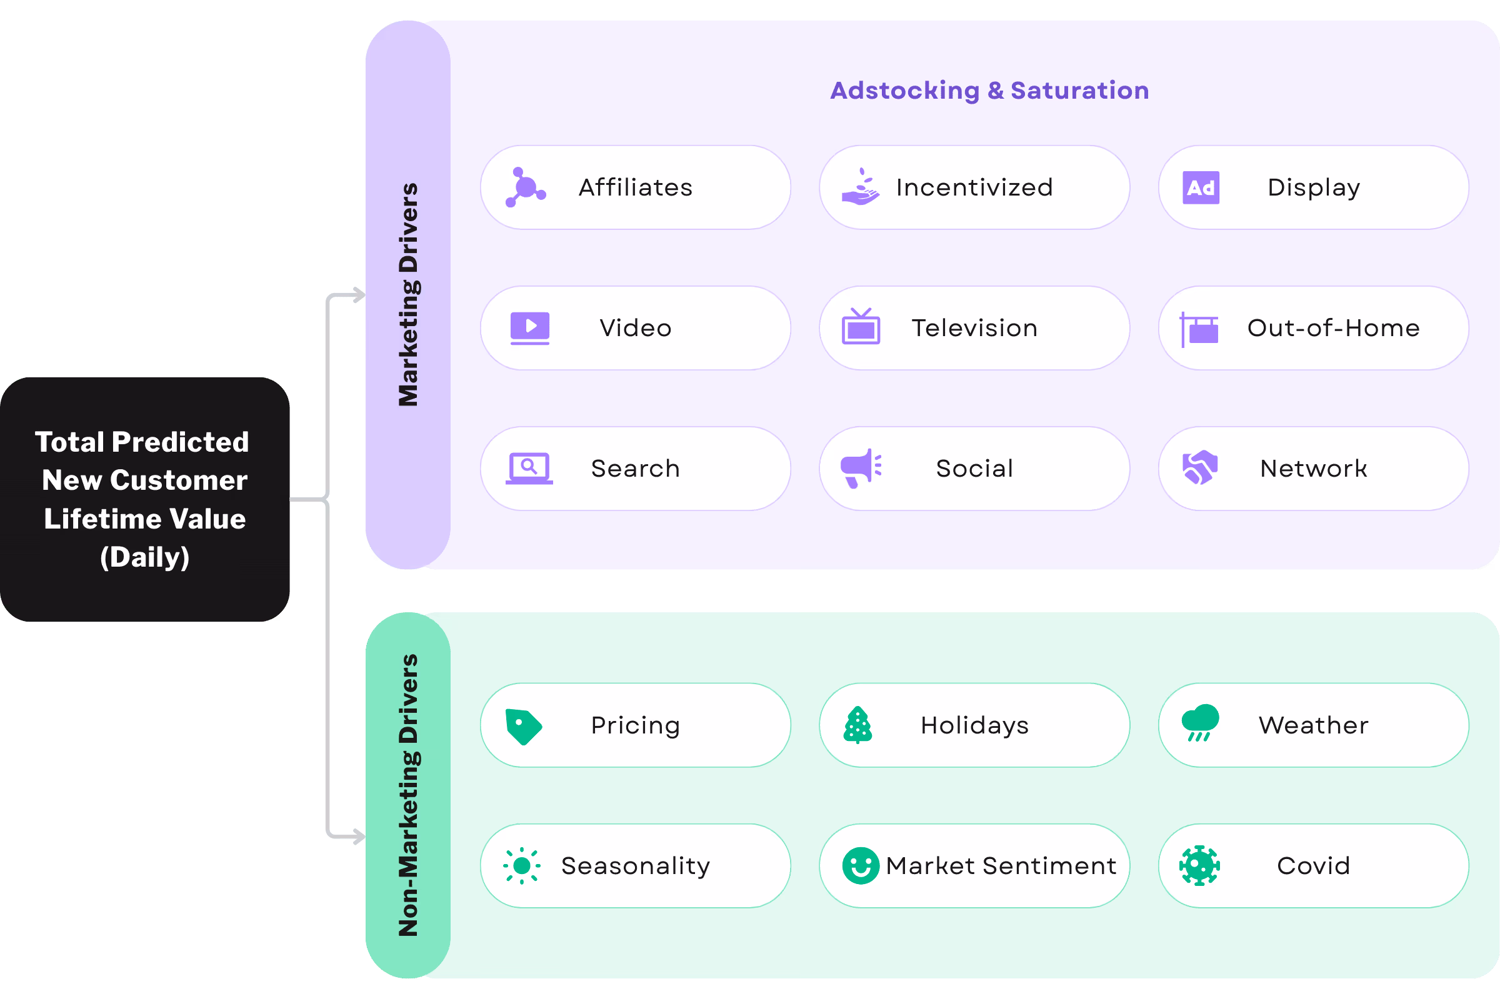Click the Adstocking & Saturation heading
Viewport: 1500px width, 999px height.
click(989, 91)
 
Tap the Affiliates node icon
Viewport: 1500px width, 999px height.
click(526, 187)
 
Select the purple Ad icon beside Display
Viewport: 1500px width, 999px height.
click(1201, 187)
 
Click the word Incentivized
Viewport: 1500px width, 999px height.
click(974, 187)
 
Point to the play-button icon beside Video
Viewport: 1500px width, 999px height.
click(529, 328)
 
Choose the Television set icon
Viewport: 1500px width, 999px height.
click(861, 326)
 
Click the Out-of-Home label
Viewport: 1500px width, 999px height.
click(1333, 328)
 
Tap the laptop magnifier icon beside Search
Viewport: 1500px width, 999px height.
click(529, 469)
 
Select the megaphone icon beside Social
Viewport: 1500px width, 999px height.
click(861, 469)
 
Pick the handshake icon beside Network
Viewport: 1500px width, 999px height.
click(1200, 469)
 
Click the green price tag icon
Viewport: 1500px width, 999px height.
click(524, 727)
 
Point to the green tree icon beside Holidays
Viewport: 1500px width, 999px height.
click(857, 725)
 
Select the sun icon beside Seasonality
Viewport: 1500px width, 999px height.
click(522, 866)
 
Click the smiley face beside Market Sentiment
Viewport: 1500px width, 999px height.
click(861, 866)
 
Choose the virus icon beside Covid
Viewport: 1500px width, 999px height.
click(1200, 866)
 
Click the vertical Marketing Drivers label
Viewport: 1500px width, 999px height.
click(408, 294)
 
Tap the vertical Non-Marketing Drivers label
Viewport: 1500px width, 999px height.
click(408, 795)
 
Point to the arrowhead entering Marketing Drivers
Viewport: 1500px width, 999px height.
click(359, 296)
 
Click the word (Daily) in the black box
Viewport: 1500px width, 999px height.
click(144, 557)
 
